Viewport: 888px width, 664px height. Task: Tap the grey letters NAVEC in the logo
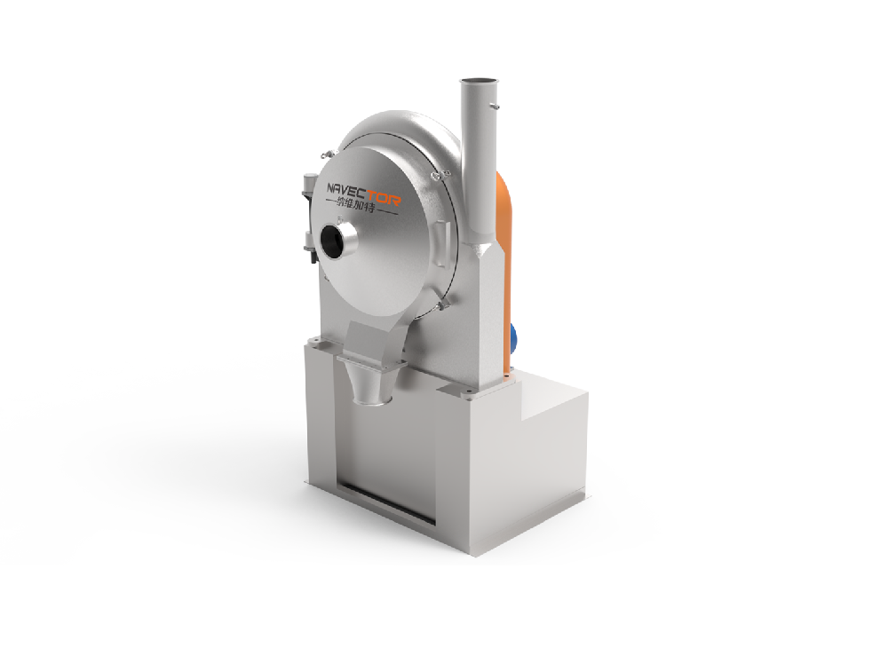tap(348, 189)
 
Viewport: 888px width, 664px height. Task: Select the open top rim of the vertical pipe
tap(480, 82)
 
